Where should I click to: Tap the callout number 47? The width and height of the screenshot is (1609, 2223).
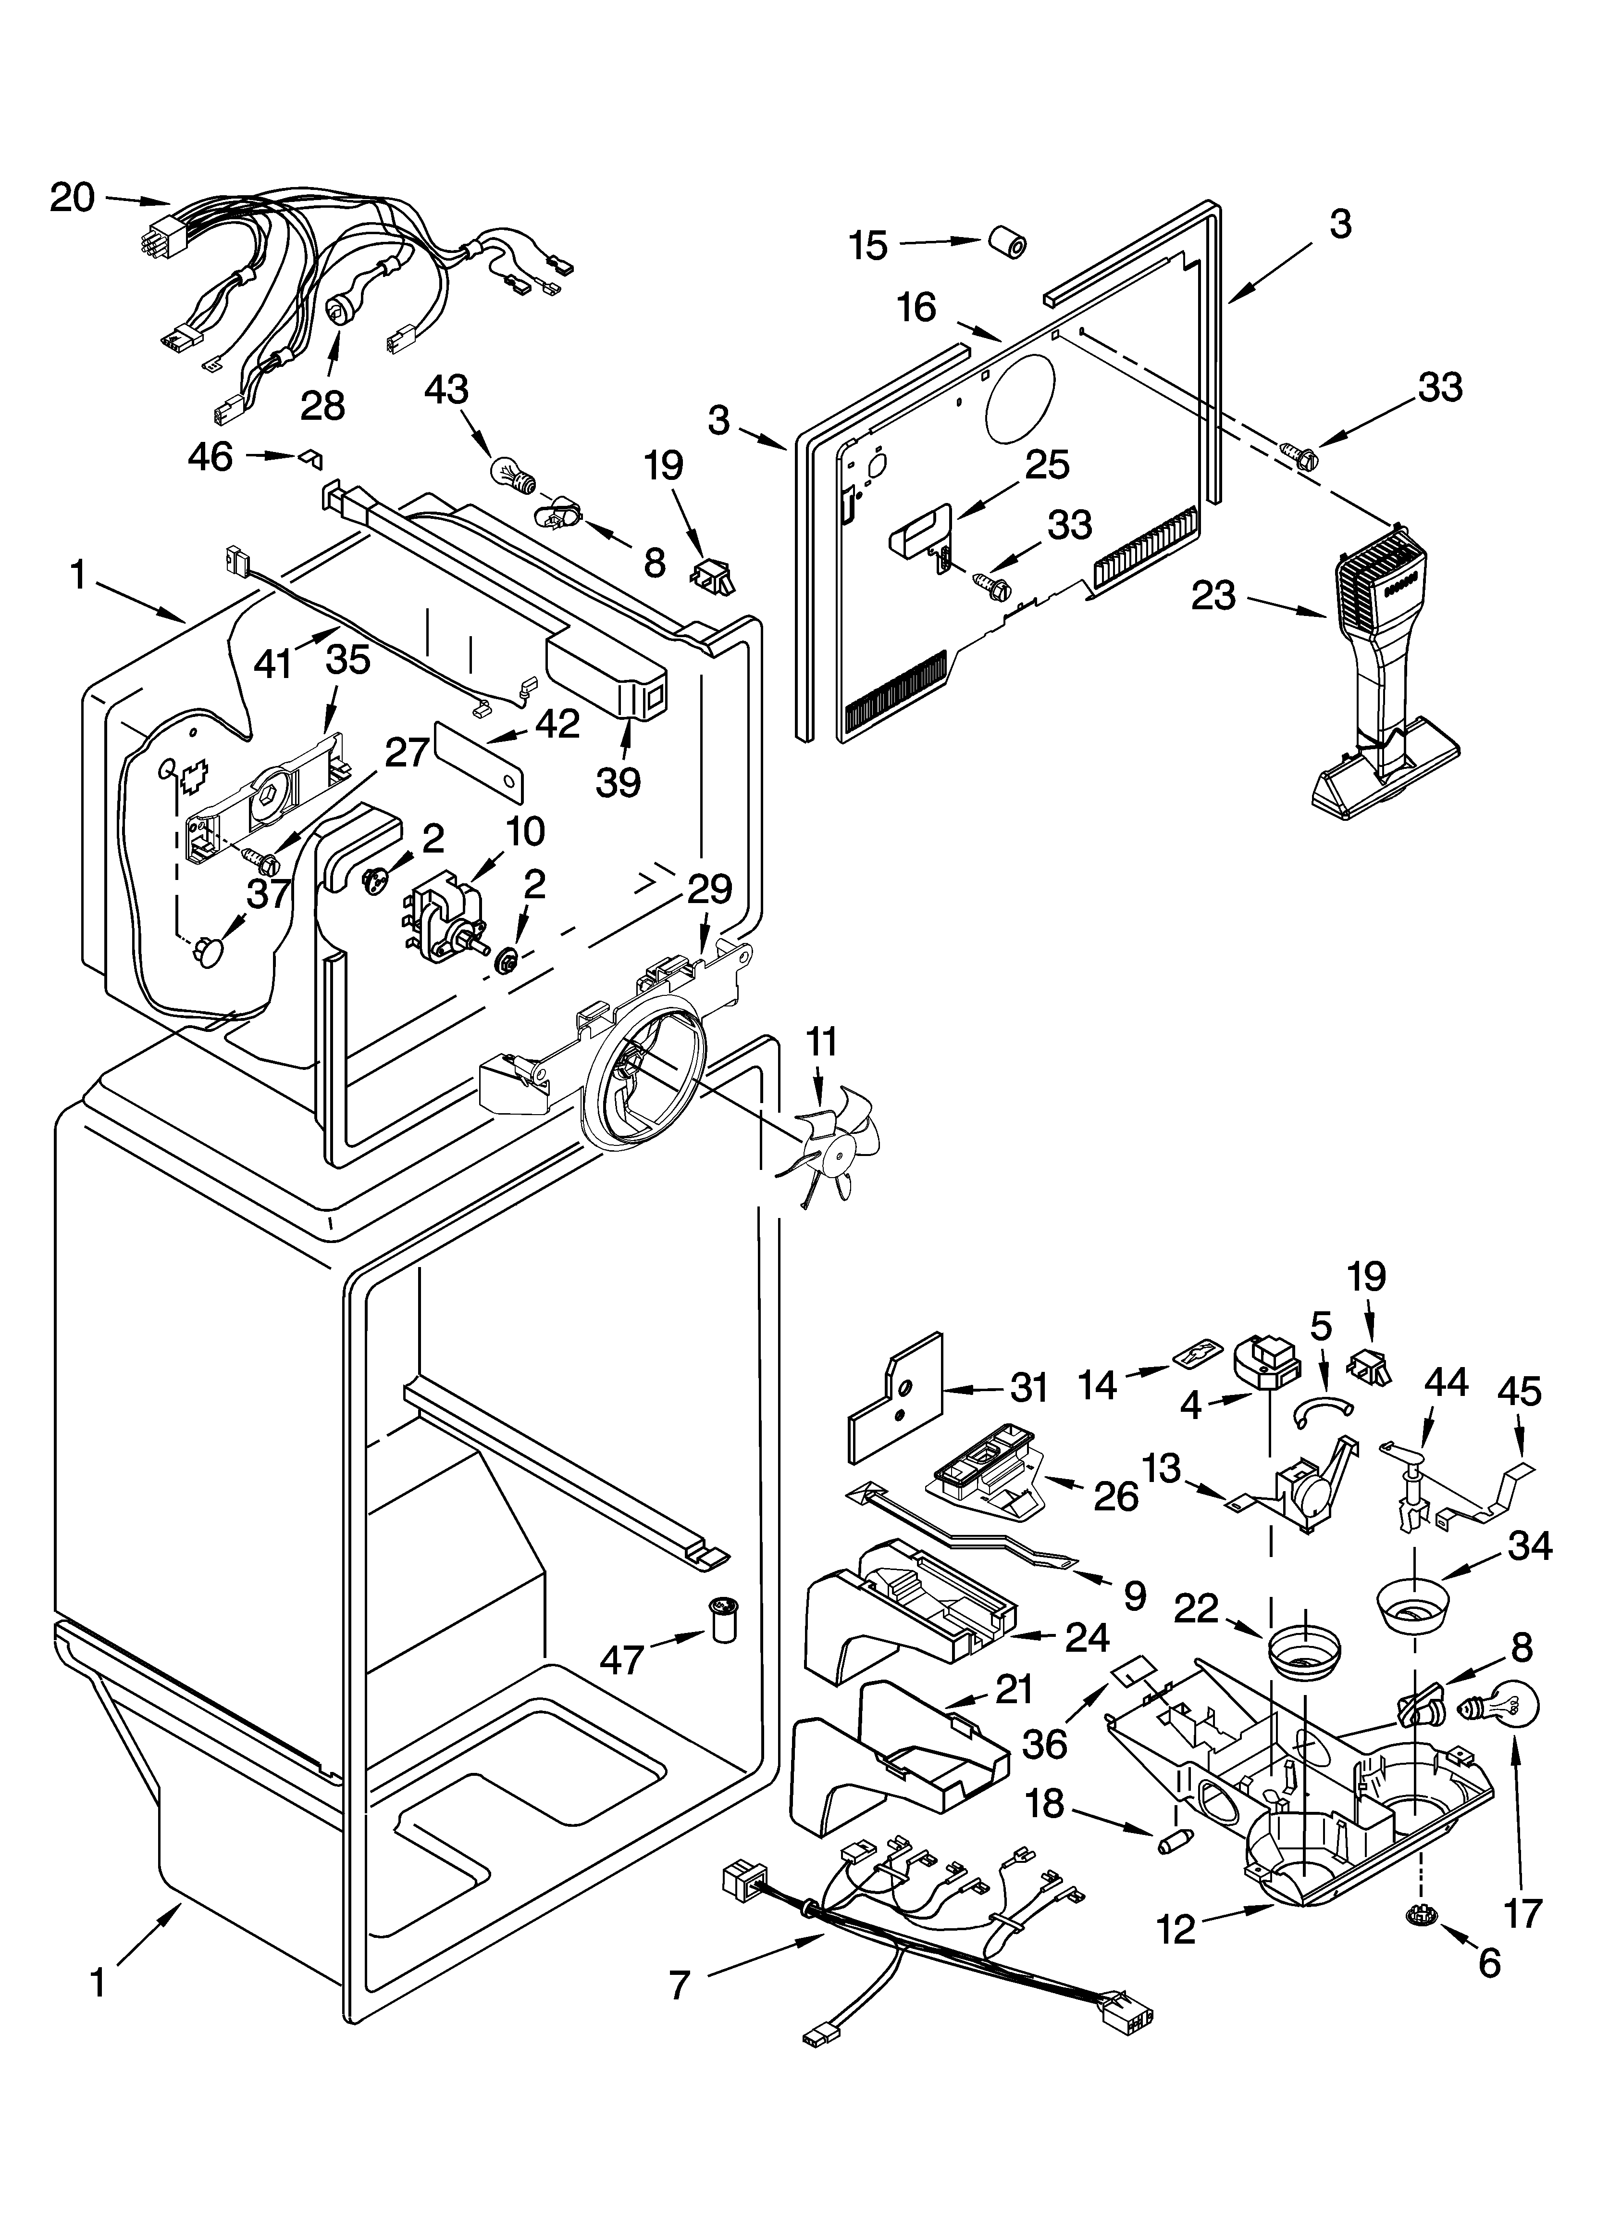tap(621, 1659)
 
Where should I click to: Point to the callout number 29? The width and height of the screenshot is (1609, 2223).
tap(708, 889)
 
